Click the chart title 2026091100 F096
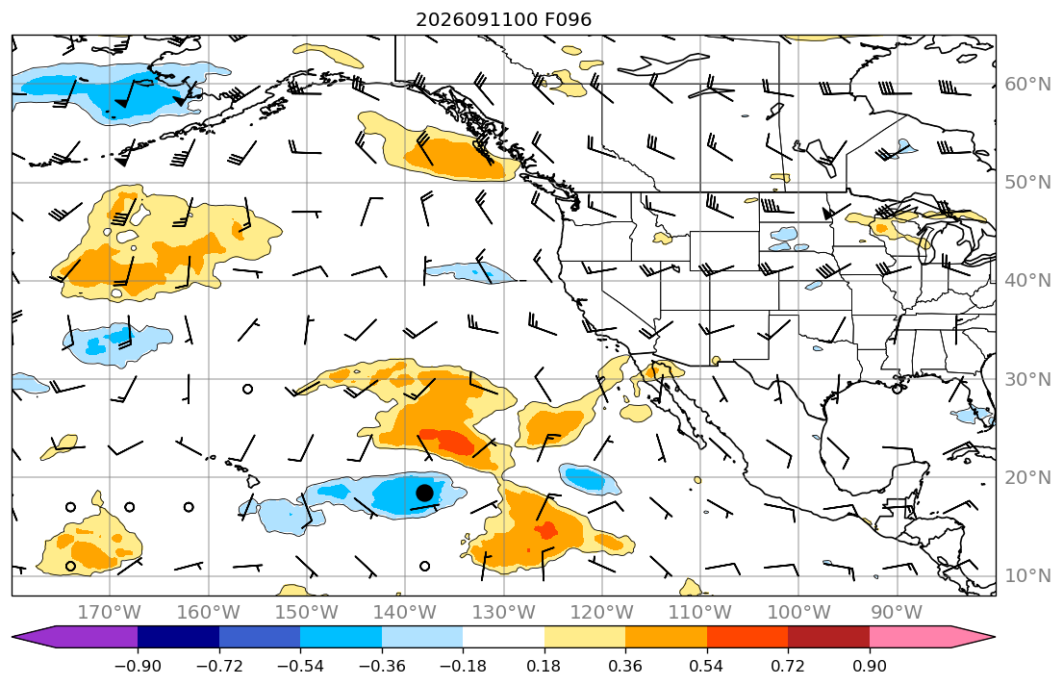click(503, 19)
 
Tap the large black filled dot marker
click(424, 493)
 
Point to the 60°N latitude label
click(1027, 84)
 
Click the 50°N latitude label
click(1027, 183)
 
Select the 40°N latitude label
click(1027, 281)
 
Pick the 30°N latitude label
click(1027, 379)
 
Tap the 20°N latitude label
click(1027, 477)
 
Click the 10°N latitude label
click(1027, 576)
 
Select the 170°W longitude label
click(110, 613)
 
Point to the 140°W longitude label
click(405, 613)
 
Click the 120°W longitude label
click(602, 613)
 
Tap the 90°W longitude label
click(897, 613)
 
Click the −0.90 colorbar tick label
click(138, 666)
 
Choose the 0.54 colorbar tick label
click(706, 666)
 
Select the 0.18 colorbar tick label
click(544, 666)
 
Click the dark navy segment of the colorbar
click(178, 637)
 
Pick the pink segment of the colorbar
click(910, 637)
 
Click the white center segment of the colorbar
click(504, 637)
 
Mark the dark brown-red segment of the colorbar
click(829, 637)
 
